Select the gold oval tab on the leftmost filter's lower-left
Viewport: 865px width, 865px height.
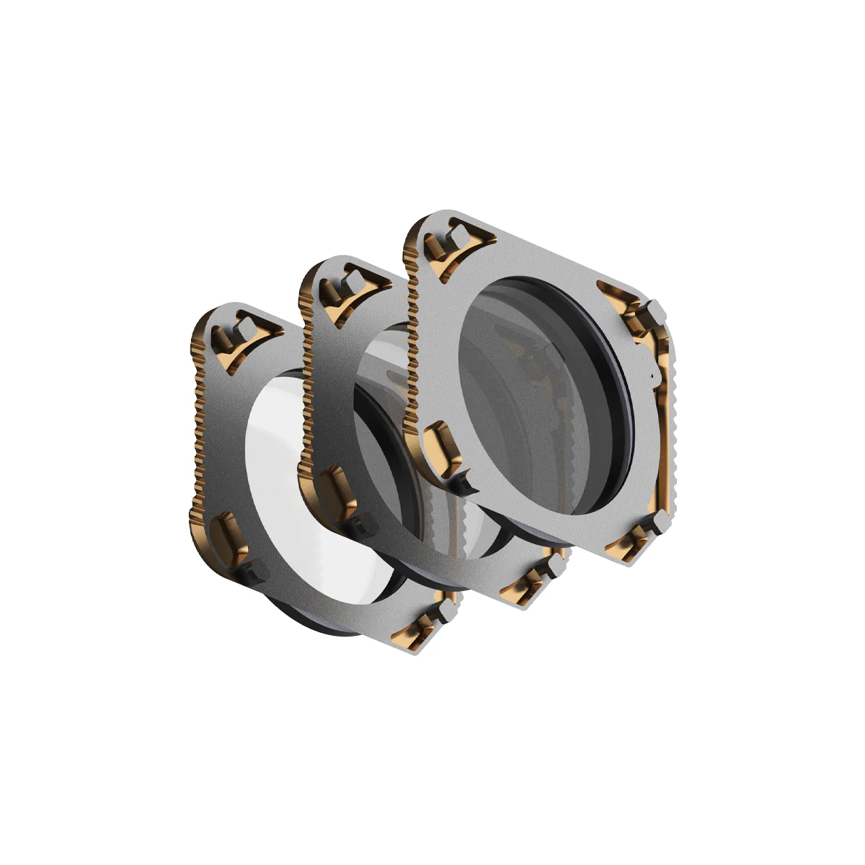[x=229, y=533]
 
